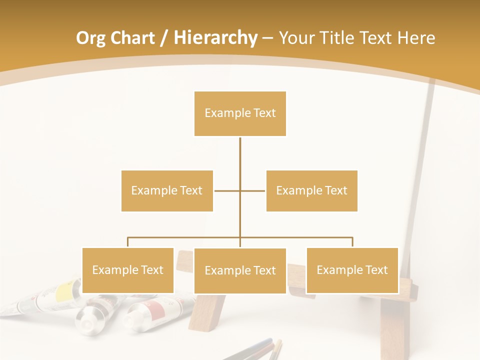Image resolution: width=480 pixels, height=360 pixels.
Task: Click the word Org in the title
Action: pos(91,38)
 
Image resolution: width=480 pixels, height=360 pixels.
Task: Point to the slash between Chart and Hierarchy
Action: pos(164,38)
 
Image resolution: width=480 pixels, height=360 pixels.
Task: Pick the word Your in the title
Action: pos(296,38)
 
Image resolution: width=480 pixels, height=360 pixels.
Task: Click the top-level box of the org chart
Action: pos(240,113)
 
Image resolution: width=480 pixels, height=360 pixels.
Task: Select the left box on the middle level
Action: pos(167,190)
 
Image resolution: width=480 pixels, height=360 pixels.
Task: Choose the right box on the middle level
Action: pos(311,190)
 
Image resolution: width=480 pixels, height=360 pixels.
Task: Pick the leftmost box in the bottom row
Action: pos(128,270)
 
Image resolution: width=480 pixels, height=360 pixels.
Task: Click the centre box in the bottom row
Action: pos(240,270)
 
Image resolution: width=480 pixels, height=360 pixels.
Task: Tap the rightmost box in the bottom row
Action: pos(352,270)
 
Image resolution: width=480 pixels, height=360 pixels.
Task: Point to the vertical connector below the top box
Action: pos(240,160)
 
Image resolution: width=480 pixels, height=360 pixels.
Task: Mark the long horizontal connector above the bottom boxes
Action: pos(185,237)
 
